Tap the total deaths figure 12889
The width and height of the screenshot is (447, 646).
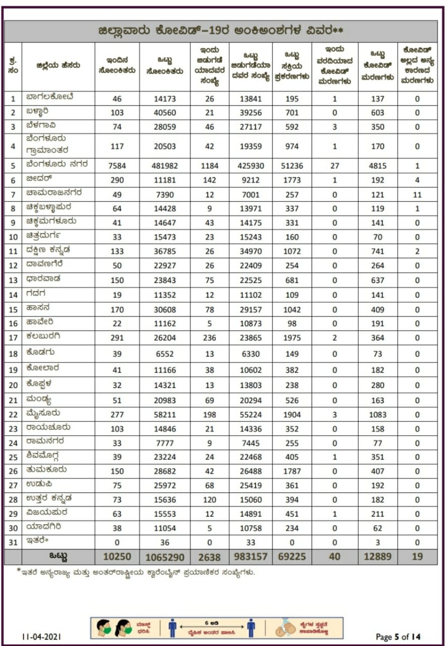point(377,557)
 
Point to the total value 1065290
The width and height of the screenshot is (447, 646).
point(164,557)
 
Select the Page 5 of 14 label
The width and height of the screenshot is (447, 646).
point(398,636)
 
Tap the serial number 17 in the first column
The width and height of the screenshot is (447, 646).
point(13,338)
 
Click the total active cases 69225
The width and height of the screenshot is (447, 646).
point(292,557)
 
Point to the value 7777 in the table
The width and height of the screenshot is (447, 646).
point(164,443)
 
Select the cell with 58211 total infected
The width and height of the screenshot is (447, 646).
point(164,414)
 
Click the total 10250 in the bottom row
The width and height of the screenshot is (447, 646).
point(117,557)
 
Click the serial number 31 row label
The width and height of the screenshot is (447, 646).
point(13,542)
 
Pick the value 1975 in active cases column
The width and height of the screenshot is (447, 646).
point(292,338)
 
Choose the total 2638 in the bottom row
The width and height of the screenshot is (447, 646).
point(209,557)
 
